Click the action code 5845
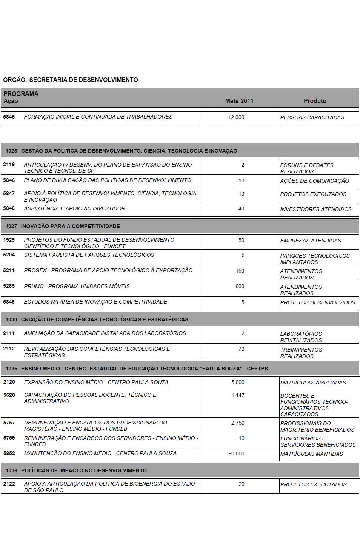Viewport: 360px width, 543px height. (x=9, y=117)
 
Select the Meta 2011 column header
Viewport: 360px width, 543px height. (x=239, y=101)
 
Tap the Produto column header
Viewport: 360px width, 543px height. (x=315, y=101)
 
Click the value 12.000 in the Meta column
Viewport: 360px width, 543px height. (x=236, y=117)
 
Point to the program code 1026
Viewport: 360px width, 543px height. (x=11, y=151)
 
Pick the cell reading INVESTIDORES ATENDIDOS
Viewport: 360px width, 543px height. (x=316, y=209)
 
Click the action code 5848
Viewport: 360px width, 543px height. (x=9, y=208)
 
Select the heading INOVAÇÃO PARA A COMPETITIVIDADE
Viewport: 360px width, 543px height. (x=71, y=226)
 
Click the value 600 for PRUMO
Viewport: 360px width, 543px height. (x=240, y=286)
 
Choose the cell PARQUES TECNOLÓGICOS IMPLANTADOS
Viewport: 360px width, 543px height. (x=315, y=259)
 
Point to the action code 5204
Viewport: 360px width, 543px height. (x=9, y=255)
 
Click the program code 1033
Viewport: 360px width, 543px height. (x=11, y=319)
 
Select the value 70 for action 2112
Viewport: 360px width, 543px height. (x=241, y=349)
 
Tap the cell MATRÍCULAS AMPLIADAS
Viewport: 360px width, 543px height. (x=313, y=383)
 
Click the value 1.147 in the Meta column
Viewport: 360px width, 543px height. (x=238, y=395)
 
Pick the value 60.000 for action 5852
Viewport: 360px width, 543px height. (x=236, y=454)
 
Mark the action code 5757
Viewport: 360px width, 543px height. (x=9, y=423)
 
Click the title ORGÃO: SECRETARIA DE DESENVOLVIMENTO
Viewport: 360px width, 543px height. (x=71, y=80)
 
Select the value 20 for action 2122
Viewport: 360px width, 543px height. (x=241, y=484)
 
